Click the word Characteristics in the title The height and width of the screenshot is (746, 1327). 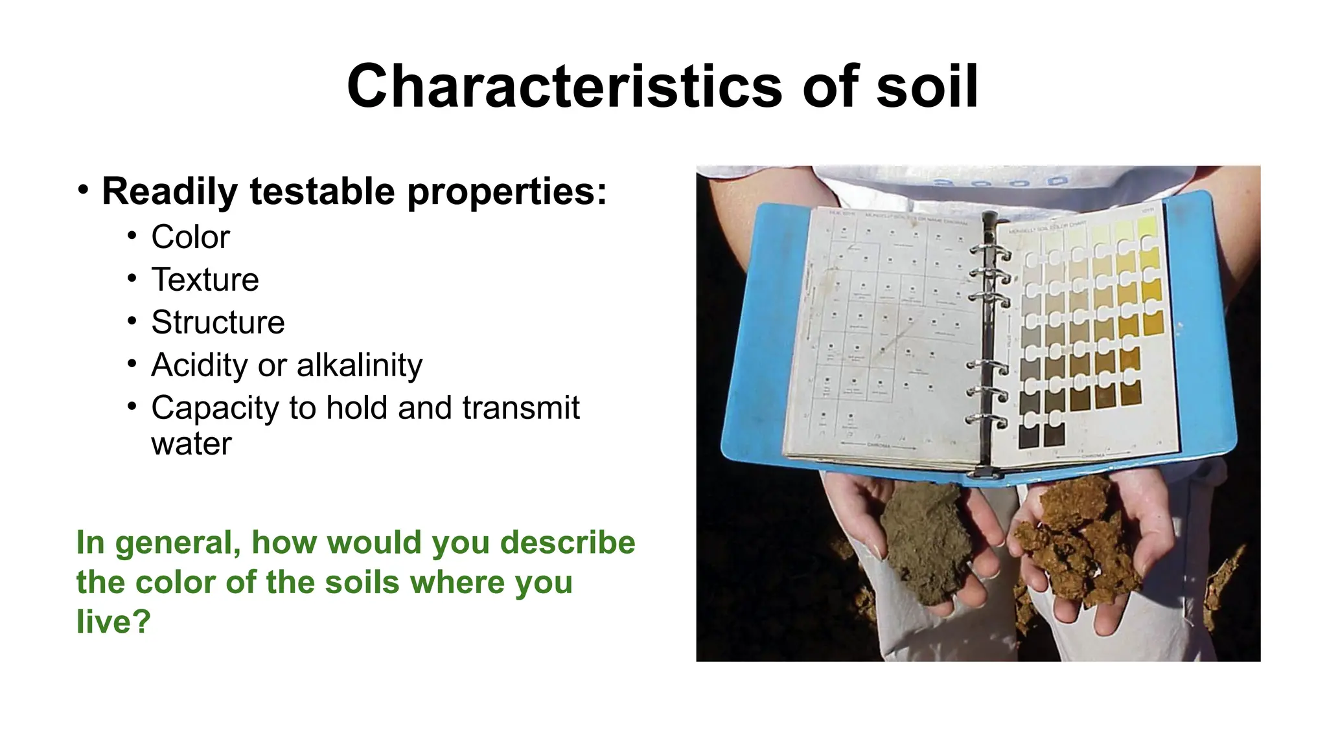pyautogui.click(x=564, y=87)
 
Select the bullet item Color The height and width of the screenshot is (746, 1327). pyautogui.click(x=190, y=237)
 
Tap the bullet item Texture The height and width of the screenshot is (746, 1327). pyautogui.click(x=205, y=280)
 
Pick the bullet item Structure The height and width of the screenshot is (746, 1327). pyautogui.click(x=218, y=322)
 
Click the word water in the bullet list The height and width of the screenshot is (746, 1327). pyautogui.click(x=191, y=444)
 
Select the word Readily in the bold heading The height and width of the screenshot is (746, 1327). pyautogui.click(x=170, y=192)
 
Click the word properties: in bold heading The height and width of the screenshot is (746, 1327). pyautogui.click(x=507, y=192)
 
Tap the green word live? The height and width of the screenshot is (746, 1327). pyautogui.click(x=113, y=621)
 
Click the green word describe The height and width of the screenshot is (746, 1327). pyautogui.click(x=568, y=542)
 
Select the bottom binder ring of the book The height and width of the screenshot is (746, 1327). pyautogui.click(x=989, y=420)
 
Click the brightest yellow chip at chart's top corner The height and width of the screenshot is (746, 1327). pyautogui.click(x=1147, y=227)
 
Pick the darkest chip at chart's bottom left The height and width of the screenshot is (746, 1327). pyautogui.click(x=1028, y=436)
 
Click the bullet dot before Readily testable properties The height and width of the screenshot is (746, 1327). pyautogui.click(x=83, y=190)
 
